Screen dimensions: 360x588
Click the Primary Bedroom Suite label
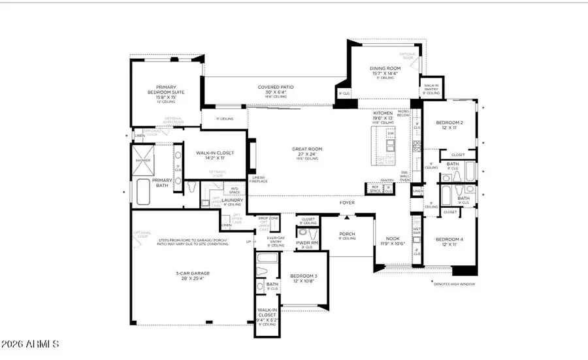tap(170, 90)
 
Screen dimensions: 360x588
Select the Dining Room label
tap(384, 67)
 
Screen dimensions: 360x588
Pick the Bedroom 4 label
tap(449, 239)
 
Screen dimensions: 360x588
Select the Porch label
tap(346, 233)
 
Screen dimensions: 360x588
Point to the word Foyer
tap(347, 203)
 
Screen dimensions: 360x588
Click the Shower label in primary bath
tap(142, 159)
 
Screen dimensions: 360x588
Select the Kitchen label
tap(383, 113)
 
